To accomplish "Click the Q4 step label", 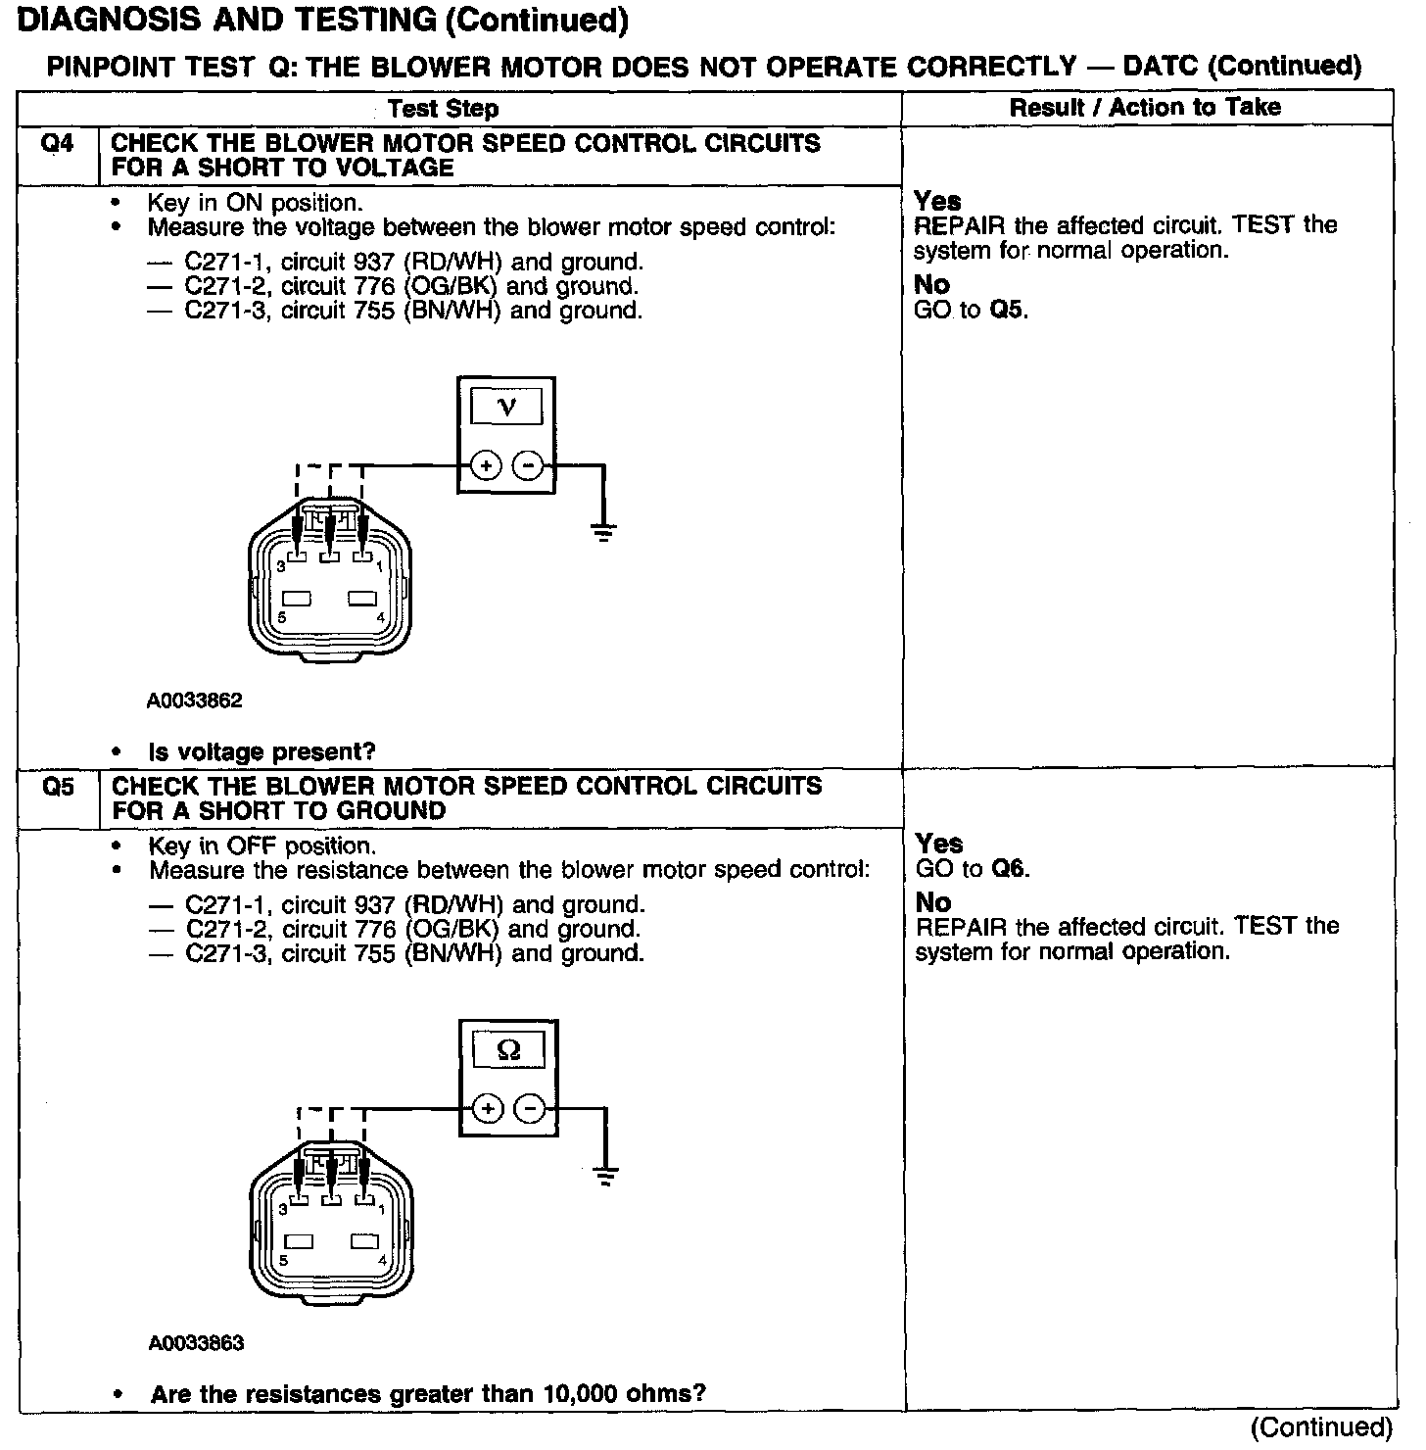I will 58,144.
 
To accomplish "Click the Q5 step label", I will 59,787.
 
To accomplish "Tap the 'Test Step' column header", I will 443,108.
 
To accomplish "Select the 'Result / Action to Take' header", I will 1145,107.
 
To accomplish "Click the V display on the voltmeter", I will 505,406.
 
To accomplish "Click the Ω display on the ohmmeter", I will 508,1050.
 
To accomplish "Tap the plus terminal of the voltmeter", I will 486,465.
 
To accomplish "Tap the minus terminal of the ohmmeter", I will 530,1108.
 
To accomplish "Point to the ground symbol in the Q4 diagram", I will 604,533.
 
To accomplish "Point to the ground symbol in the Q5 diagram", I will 606,1176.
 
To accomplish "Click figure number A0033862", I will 195,701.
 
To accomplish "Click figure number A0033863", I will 196,1343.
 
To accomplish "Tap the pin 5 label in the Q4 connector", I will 282,617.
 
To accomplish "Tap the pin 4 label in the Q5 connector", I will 382,1260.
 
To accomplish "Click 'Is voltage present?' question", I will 261,751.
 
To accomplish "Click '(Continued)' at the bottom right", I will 1321,1426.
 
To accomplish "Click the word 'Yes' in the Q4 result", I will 937,201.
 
